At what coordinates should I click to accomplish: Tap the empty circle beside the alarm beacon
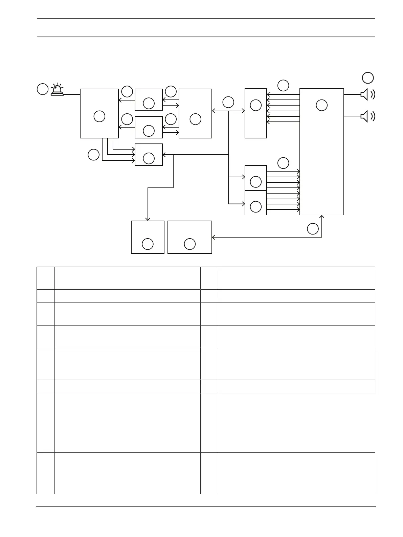42,89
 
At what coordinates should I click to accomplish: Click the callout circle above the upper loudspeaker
368,78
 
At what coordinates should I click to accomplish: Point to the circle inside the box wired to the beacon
99,116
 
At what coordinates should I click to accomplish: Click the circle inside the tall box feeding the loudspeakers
321,105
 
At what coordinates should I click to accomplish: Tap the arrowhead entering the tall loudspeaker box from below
322,216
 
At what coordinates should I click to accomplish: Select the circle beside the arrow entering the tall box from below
313,229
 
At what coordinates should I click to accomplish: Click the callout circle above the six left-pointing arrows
283,85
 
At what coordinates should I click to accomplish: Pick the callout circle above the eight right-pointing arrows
283,163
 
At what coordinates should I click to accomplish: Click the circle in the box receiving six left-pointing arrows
255,105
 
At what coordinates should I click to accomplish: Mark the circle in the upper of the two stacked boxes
255,182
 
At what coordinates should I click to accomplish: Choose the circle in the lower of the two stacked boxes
255,206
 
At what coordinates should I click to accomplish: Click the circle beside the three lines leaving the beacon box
93,155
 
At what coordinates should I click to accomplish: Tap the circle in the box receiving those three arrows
149,158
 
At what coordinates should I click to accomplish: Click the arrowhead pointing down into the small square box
148,219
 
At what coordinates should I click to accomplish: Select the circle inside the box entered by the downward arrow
148,244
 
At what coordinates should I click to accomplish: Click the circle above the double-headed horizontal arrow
228,102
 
